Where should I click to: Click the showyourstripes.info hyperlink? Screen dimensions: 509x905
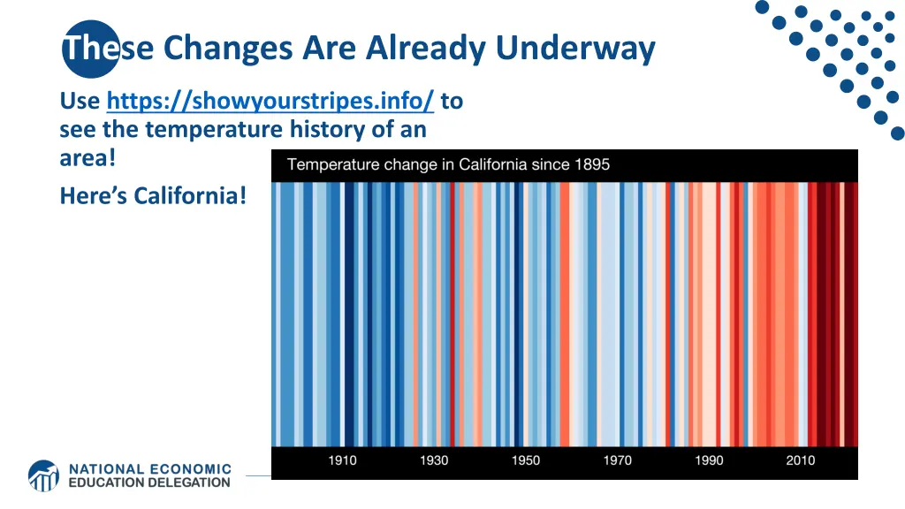tap(270, 102)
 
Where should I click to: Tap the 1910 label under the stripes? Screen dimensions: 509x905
tap(343, 460)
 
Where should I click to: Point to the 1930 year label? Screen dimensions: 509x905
tap(434, 460)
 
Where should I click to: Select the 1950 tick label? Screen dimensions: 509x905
tap(526, 460)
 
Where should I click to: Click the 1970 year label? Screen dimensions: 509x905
tap(618, 460)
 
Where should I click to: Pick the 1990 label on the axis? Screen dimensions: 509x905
tap(709, 460)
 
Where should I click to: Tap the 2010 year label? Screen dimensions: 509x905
tap(801, 460)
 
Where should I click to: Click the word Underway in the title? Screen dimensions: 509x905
tap(575, 48)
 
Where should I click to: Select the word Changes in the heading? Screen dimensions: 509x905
tap(228, 48)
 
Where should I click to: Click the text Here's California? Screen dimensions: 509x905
tap(153, 194)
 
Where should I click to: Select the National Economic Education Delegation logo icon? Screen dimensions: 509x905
tap(43, 475)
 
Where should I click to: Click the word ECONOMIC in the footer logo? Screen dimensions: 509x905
tap(188, 469)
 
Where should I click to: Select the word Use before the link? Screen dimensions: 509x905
tap(80, 102)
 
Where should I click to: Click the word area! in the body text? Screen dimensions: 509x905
tap(87, 159)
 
